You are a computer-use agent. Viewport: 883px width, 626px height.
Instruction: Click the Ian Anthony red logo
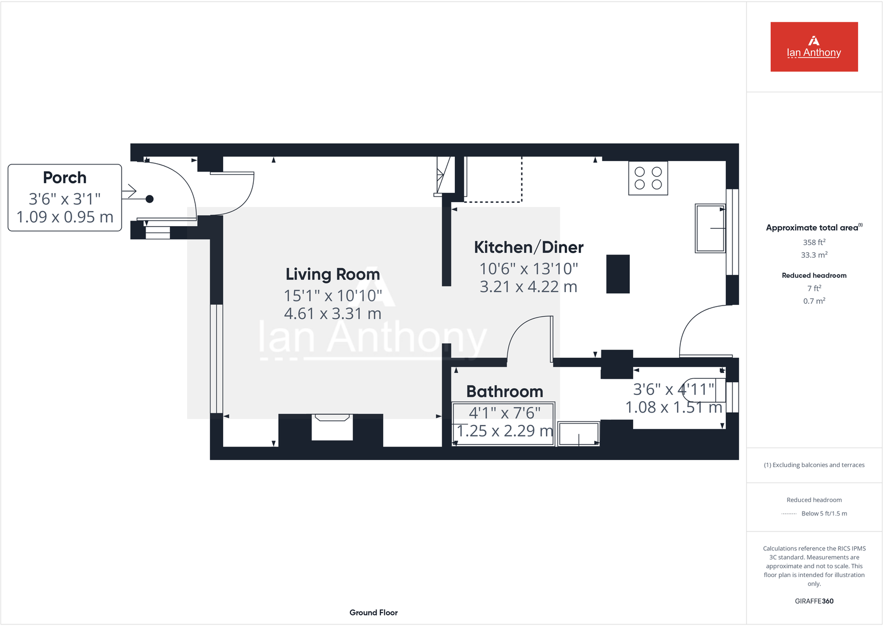814,47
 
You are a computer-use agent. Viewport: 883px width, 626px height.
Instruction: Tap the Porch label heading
65,178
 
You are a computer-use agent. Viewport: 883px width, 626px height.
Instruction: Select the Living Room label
333,274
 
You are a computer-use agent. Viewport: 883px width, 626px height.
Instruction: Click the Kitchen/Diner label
529,247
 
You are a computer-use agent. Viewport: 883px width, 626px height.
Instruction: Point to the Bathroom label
504,392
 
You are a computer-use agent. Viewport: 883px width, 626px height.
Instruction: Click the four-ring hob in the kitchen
648,178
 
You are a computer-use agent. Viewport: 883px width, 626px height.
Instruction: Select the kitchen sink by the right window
710,228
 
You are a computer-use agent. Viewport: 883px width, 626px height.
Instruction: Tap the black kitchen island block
618,274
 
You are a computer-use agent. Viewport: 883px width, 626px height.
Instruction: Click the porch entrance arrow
129,192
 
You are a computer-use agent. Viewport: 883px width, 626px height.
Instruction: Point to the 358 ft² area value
814,242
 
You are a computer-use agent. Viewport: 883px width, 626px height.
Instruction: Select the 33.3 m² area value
814,255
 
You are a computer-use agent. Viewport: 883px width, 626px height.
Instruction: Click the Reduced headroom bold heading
814,276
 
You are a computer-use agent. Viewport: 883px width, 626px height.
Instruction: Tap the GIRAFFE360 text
814,601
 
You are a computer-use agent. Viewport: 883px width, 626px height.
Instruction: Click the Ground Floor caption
373,613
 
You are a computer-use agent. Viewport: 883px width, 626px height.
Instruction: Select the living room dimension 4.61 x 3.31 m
333,314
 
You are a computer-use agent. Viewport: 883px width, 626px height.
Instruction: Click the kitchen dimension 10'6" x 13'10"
529,269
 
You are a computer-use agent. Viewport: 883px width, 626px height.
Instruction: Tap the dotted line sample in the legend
789,514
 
